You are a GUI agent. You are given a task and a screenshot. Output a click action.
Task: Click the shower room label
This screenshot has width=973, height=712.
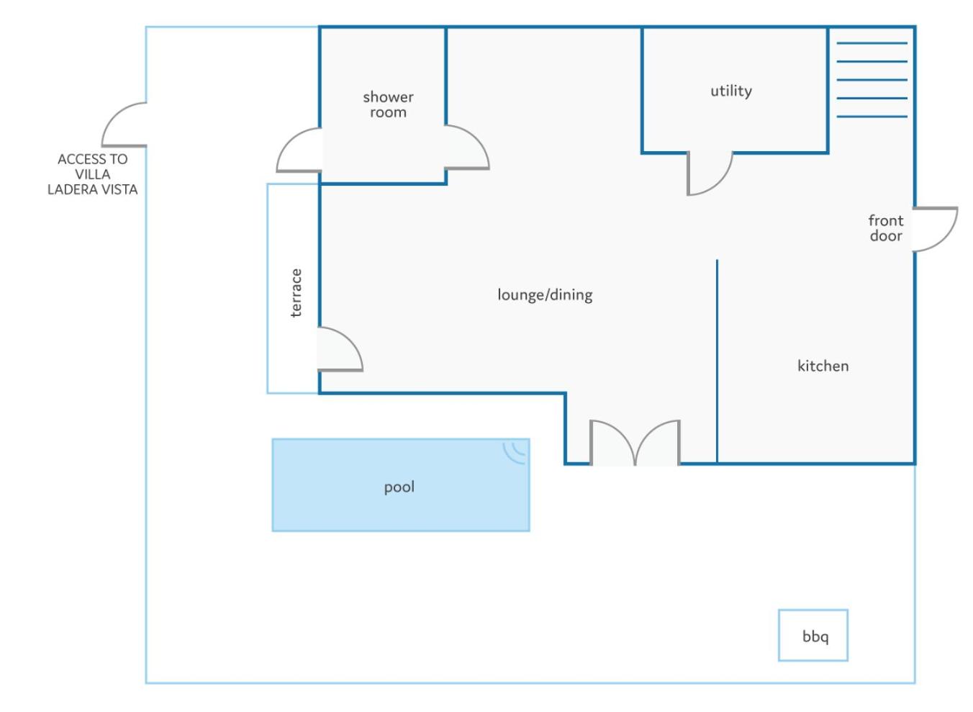[389, 104]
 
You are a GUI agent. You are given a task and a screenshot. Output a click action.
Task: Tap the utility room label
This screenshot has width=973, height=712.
[731, 91]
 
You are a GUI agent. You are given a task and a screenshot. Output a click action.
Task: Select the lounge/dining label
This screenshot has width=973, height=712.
[545, 295]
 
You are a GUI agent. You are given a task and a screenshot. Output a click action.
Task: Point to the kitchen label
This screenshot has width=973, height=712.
[823, 366]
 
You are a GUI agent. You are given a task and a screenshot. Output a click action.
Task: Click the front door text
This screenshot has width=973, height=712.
[886, 228]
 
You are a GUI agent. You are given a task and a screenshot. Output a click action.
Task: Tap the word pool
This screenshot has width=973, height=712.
[399, 487]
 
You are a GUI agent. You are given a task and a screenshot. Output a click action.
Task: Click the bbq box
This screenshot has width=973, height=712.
[813, 636]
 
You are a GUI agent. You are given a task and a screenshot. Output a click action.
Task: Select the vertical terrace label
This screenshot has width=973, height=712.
[296, 293]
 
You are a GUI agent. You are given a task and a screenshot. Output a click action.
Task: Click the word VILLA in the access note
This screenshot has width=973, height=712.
[93, 174]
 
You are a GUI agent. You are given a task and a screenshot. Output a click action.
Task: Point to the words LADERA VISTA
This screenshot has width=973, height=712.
[93, 189]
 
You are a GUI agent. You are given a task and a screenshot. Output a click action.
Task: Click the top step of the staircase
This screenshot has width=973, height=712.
[872, 43]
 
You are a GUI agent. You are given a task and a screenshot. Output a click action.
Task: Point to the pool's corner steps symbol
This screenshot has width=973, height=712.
[515, 453]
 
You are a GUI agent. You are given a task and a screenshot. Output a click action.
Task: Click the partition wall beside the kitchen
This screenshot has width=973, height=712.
[717, 361]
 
